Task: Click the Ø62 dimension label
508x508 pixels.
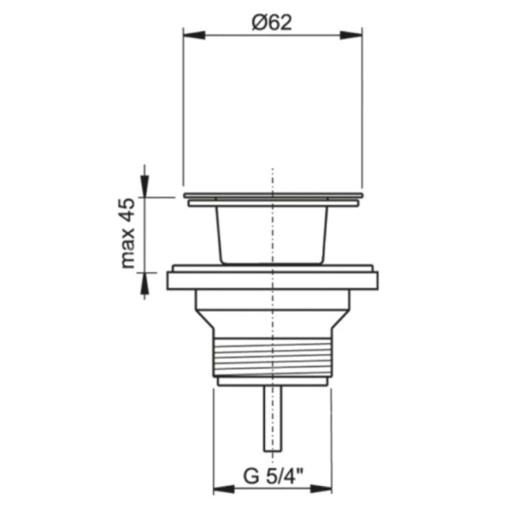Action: click(272, 23)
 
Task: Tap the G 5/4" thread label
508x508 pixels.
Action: click(273, 476)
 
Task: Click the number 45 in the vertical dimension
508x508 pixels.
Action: click(128, 210)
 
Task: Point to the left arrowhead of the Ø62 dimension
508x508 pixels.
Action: click(194, 36)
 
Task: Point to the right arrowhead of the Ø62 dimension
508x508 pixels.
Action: click(351, 36)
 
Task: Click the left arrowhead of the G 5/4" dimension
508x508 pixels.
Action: click(224, 489)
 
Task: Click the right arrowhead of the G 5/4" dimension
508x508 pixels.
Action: click(321, 489)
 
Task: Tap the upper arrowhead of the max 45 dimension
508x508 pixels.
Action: click(145, 186)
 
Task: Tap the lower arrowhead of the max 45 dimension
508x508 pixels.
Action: click(145, 284)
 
